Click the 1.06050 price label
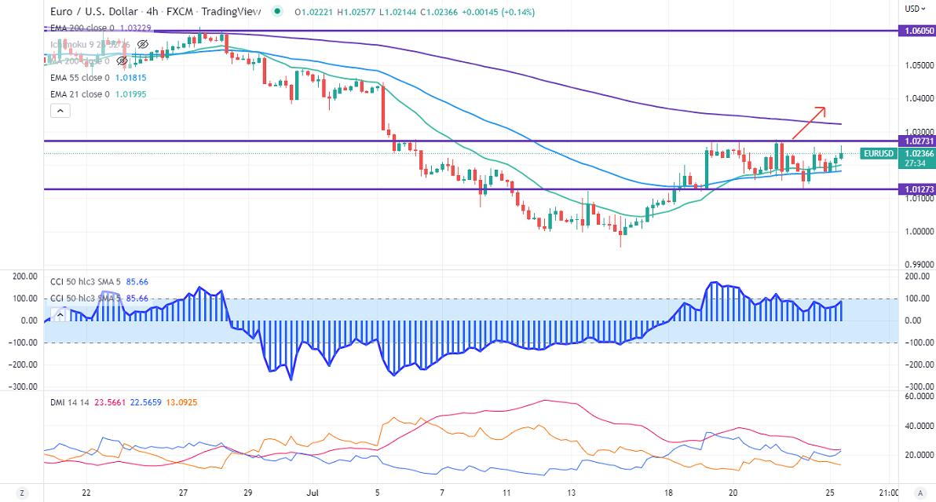(x=916, y=31)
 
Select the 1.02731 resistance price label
(x=916, y=141)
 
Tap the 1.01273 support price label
(x=916, y=189)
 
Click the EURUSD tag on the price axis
(x=878, y=153)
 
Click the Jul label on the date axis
(x=312, y=493)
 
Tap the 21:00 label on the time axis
(x=887, y=493)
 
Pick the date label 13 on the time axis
(x=572, y=493)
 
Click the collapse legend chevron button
(x=60, y=111)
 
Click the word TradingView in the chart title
(x=229, y=12)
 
